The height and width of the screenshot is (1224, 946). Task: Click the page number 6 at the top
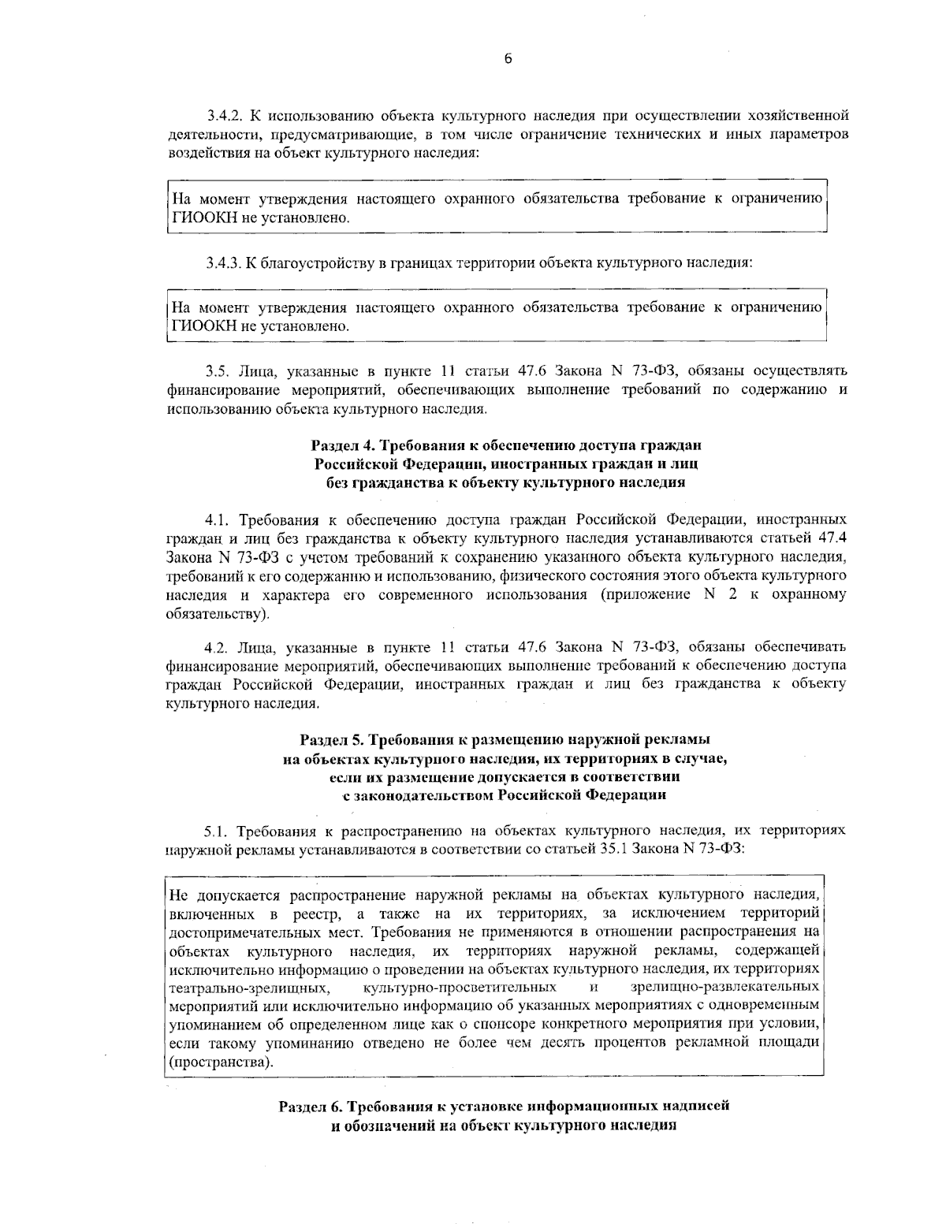(x=508, y=58)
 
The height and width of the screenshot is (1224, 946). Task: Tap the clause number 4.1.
(x=216, y=520)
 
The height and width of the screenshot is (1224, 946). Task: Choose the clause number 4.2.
(x=216, y=648)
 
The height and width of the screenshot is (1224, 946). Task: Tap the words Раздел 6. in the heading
(x=310, y=1105)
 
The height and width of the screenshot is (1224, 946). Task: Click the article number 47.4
(x=828, y=538)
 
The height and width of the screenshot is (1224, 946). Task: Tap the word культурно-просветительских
(x=460, y=988)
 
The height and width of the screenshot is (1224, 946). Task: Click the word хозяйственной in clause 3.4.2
(x=801, y=116)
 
